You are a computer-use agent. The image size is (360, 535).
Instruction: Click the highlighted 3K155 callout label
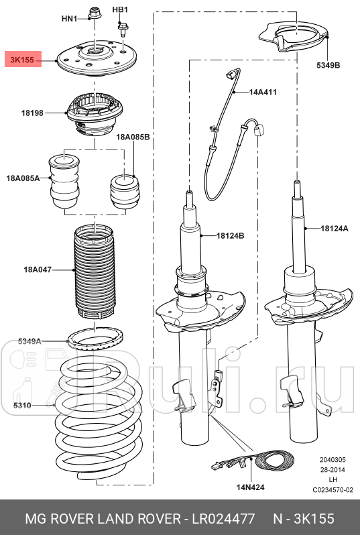[x=23, y=60]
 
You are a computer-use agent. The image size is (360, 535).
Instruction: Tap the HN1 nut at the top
[x=93, y=13]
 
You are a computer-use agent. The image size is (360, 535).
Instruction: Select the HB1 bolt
[x=121, y=29]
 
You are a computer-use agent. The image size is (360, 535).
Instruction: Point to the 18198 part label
[x=32, y=113]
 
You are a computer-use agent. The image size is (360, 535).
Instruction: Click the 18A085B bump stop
[x=125, y=191]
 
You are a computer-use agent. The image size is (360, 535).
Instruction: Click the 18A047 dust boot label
[x=38, y=270]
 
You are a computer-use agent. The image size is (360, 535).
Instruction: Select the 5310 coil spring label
[x=22, y=406]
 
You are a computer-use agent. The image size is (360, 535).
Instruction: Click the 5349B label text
[x=328, y=65]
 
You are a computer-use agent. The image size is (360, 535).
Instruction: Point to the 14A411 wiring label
[x=263, y=92]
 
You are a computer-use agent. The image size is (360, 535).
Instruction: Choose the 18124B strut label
[x=231, y=235]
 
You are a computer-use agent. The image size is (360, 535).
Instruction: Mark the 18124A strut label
[x=335, y=228]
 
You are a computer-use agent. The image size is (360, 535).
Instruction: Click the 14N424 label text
[x=251, y=487]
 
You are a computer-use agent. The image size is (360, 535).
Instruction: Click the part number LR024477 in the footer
[x=223, y=519]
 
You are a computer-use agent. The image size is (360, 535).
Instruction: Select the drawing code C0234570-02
[x=333, y=490]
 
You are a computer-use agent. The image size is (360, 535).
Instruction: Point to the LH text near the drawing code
[x=333, y=480]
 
